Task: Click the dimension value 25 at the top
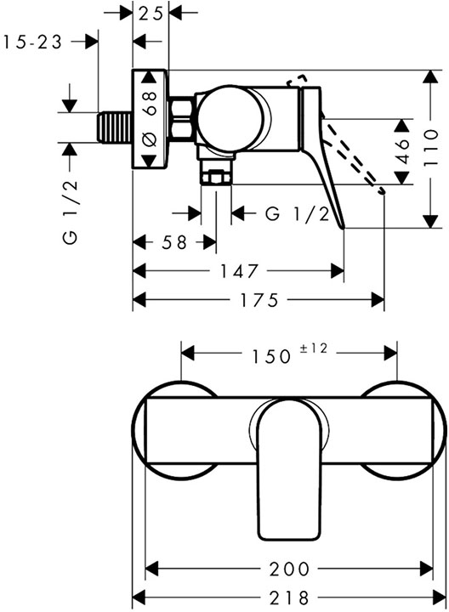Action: tap(152, 14)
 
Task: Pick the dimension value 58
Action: tap(175, 242)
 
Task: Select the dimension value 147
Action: tap(238, 272)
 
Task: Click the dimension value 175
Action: tap(259, 301)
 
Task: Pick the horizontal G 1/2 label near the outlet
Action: tap(297, 213)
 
